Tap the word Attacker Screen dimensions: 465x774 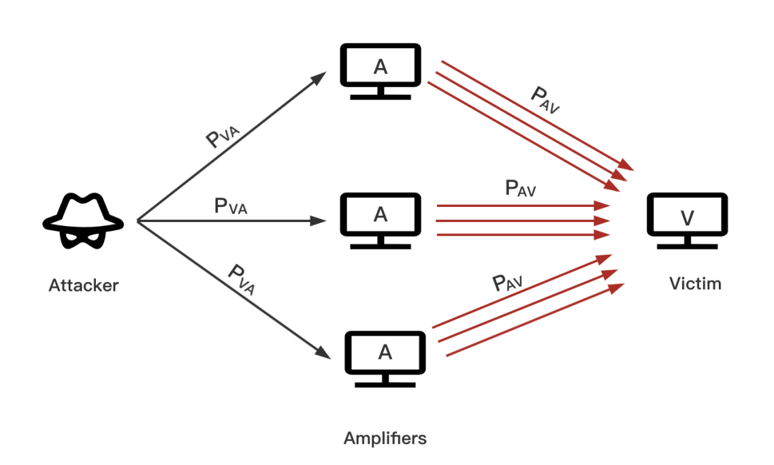pos(83,285)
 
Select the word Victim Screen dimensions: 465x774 pos(695,283)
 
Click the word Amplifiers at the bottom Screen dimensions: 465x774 pos(385,438)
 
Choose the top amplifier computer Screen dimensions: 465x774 pos(381,71)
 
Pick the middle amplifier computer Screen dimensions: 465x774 pos(381,219)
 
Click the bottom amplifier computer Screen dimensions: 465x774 pos(385,357)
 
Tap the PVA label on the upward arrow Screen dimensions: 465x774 pos(223,135)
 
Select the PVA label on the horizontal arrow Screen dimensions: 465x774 pos(231,206)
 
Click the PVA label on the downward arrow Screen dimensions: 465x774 pos(242,279)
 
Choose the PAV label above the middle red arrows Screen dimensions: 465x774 pos(521,189)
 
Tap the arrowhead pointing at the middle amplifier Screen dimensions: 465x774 pos(322,221)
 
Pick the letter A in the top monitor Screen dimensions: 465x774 pos(381,66)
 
